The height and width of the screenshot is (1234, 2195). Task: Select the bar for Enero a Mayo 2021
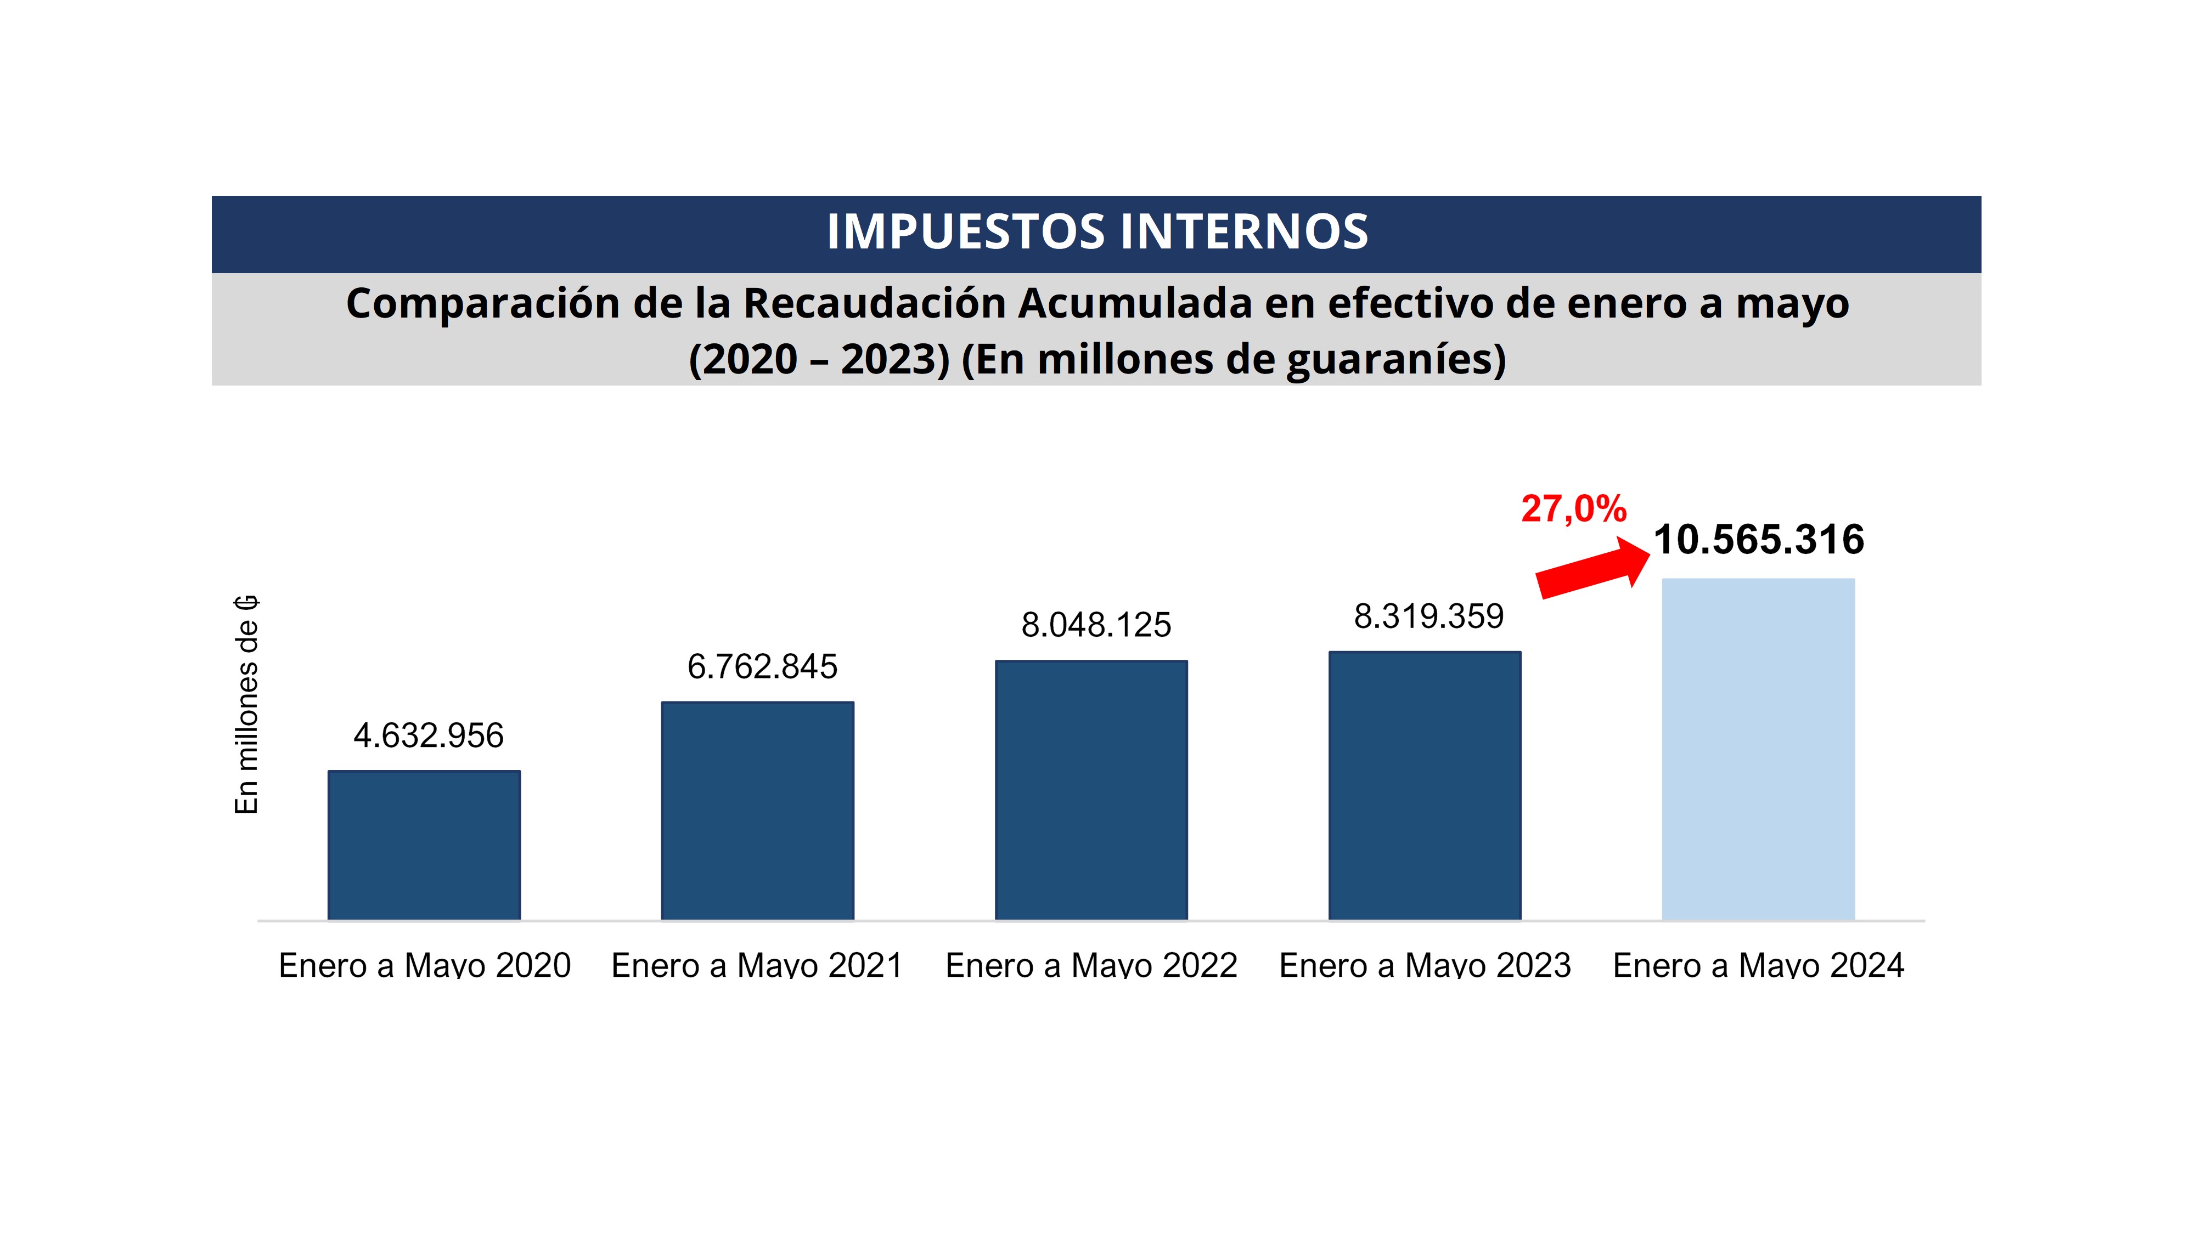point(757,810)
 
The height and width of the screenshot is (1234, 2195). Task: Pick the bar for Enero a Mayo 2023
point(1425,785)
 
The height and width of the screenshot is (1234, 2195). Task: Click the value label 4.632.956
point(429,736)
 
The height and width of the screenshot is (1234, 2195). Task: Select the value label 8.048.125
point(1096,625)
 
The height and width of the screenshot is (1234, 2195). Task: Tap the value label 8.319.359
point(1429,616)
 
